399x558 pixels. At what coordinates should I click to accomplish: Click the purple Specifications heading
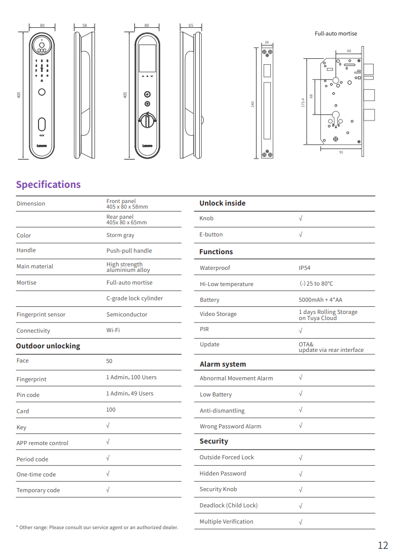(x=48, y=184)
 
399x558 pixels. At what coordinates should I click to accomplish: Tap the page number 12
(x=383, y=545)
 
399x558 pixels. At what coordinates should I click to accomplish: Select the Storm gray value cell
(x=120, y=235)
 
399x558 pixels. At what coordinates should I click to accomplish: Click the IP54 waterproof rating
(x=304, y=268)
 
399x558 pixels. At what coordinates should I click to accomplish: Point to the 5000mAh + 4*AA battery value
(x=320, y=300)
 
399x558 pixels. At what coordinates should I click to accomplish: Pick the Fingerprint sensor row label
(x=41, y=314)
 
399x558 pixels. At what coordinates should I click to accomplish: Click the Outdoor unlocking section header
(x=48, y=346)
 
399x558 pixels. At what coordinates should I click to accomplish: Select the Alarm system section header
(x=223, y=364)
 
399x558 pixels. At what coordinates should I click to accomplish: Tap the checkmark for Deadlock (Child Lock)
(x=301, y=505)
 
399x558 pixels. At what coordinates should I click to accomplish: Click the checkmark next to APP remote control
(x=107, y=442)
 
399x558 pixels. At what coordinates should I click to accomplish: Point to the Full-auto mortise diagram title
(x=336, y=33)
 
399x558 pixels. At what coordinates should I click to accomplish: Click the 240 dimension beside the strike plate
(x=252, y=104)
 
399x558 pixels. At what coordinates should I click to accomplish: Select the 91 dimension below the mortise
(x=341, y=152)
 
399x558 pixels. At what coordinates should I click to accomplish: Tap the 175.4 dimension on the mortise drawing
(x=303, y=102)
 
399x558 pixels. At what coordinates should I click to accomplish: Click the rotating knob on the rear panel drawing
(x=147, y=121)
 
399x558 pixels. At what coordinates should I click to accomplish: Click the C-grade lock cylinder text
(x=134, y=298)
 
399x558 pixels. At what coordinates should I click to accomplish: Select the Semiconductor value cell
(x=127, y=314)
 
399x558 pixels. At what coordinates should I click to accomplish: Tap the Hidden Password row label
(x=223, y=473)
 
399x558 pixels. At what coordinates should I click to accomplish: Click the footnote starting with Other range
(x=97, y=527)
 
